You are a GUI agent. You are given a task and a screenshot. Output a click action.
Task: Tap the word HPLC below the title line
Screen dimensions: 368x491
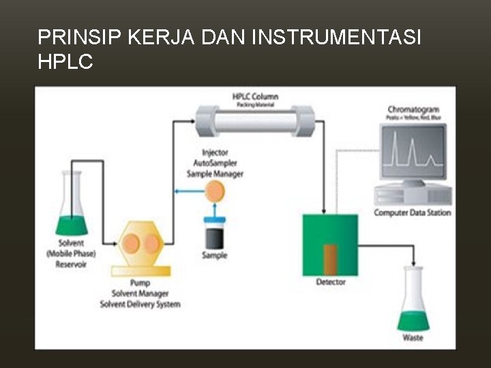click(x=65, y=62)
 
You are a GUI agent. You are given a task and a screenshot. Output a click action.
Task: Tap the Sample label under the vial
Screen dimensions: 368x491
click(x=215, y=256)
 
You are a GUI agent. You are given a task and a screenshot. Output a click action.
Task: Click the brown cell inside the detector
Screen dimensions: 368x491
click(x=331, y=260)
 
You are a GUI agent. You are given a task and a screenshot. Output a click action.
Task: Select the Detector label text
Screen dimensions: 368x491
click(x=331, y=282)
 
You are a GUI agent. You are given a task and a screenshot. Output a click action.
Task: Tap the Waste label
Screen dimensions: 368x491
click(x=413, y=338)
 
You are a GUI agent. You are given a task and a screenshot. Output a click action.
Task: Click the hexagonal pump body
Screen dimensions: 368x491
click(x=140, y=244)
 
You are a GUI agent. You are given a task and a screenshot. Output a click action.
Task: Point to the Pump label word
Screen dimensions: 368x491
click(x=140, y=283)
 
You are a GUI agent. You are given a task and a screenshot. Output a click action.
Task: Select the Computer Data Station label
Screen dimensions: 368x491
click(x=413, y=213)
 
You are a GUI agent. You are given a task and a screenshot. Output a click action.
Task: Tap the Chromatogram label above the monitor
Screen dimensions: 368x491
click(x=413, y=109)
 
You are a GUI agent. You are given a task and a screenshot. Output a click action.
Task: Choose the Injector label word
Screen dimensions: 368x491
click(x=215, y=153)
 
